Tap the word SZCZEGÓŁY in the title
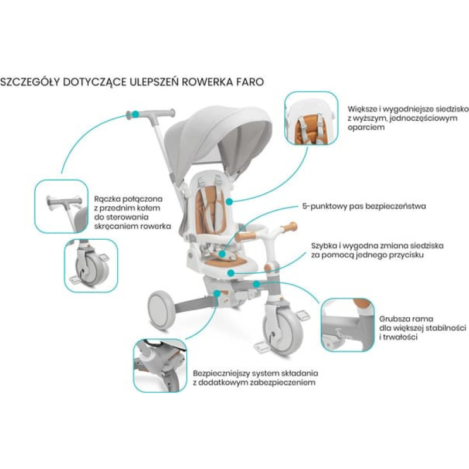(30, 81)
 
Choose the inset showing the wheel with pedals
(90, 265)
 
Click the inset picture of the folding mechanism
(159, 365)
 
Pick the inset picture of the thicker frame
(347, 325)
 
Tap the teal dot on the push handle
(135, 113)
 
